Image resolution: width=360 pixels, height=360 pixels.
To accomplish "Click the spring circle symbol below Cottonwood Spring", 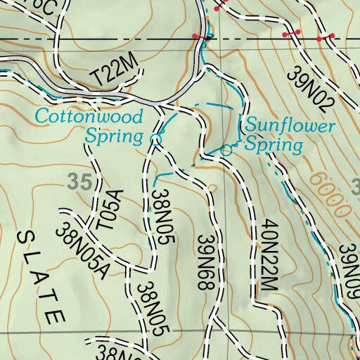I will tap(155, 140).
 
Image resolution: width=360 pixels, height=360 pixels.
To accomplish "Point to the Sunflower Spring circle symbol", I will tap(226, 150).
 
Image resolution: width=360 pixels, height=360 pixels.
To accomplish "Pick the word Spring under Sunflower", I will tap(274, 146).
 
